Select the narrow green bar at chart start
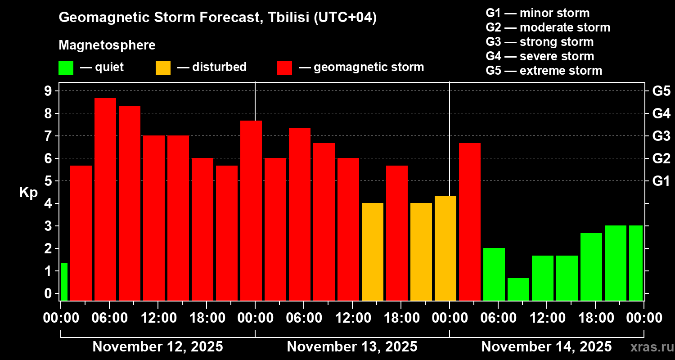pos(64,282)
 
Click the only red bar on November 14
pos(470,221)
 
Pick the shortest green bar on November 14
pos(518,289)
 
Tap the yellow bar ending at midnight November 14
pos(445,248)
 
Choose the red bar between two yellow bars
pos(397,233)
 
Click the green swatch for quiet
pos(66,68)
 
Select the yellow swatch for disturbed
pos(163,68)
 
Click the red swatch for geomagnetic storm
pos(284,68)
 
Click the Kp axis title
pos(28,192)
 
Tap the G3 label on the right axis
pos(661,136)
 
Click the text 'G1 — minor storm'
pos(537,13)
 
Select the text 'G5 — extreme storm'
pos(544,71)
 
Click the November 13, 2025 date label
pos(352,347)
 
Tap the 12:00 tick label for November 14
pos(546,318)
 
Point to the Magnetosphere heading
pos(107,45)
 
